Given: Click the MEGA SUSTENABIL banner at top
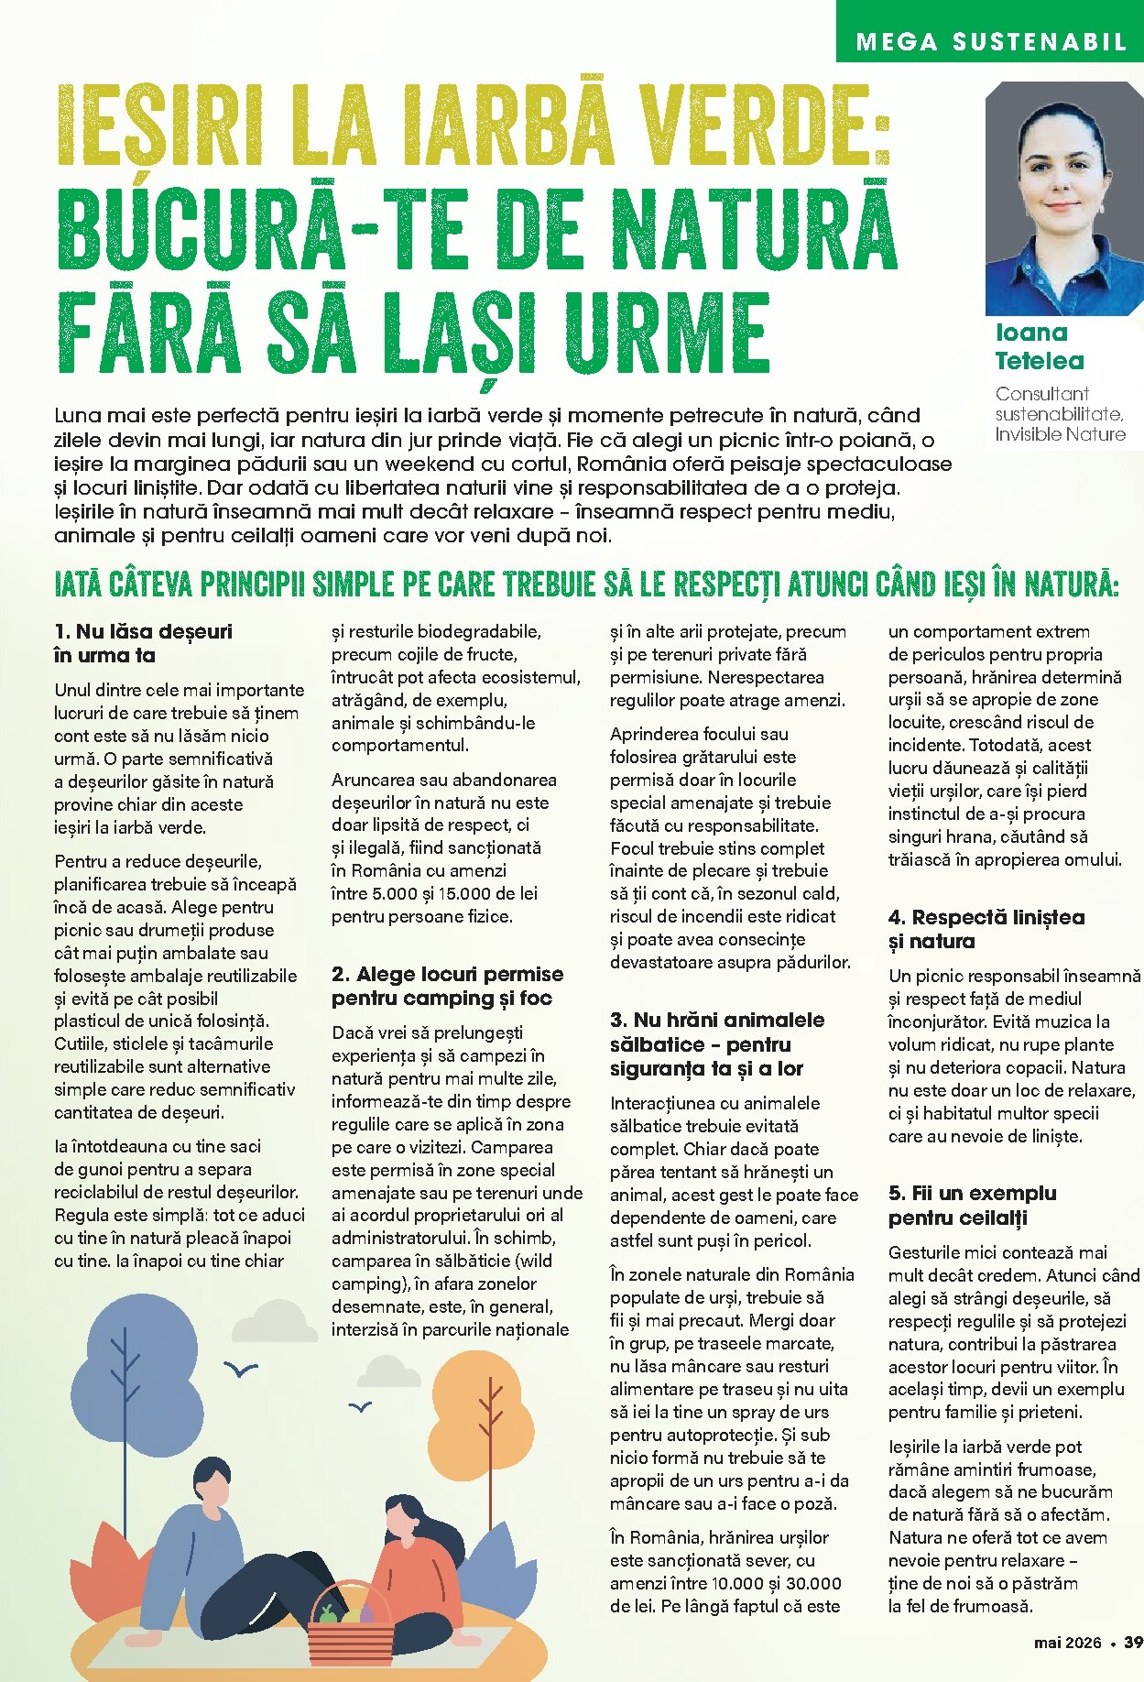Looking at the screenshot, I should (990, 41).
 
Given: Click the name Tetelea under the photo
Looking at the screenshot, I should (1039, 361).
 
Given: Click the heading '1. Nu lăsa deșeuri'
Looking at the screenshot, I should (143, 631).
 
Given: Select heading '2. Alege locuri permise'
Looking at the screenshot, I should (447, 974).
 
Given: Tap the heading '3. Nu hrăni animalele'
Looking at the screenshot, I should (716, 1020).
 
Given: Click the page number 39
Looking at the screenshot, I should (1133, 1643).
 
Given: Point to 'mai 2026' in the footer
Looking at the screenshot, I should (1067, 1643).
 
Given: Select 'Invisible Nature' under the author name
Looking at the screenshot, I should (1060, 434).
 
